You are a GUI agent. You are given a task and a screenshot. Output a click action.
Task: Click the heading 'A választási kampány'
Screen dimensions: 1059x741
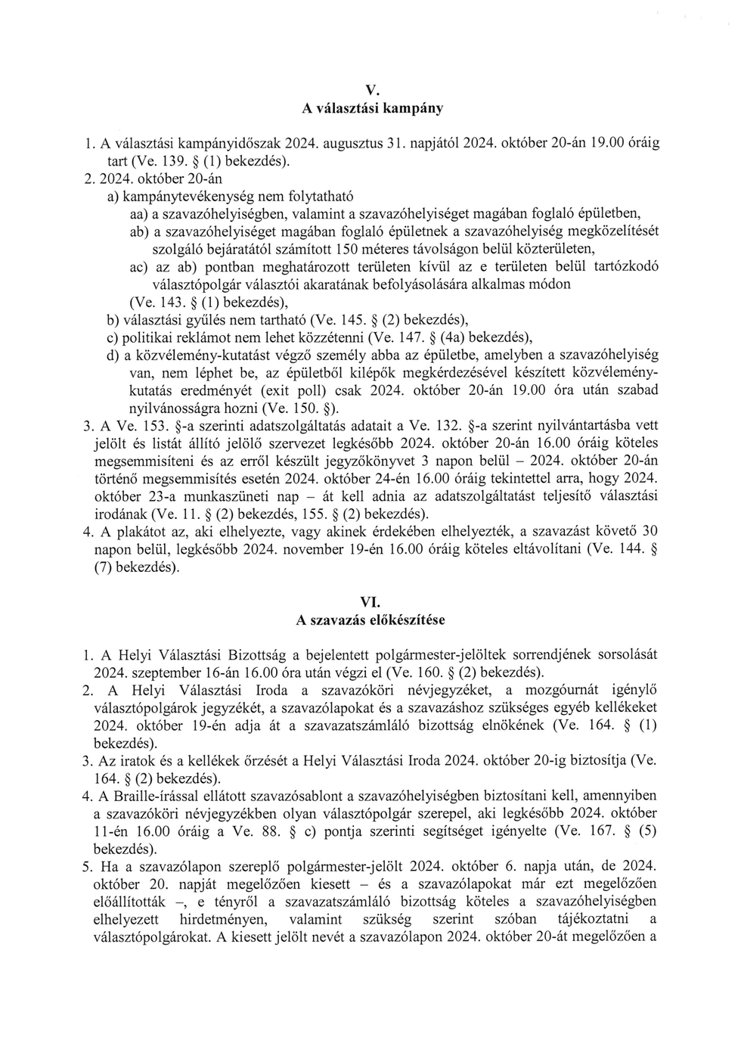372,108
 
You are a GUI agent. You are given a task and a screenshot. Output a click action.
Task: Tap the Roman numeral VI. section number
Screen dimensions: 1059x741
370,602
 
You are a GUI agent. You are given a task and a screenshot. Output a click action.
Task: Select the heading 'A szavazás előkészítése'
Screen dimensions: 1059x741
370,620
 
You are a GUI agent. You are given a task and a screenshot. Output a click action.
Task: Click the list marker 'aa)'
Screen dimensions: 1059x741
138,214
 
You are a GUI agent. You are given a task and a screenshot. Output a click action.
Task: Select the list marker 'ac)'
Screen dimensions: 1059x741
138,267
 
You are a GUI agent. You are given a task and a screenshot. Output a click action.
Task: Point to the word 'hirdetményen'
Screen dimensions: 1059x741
229,919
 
